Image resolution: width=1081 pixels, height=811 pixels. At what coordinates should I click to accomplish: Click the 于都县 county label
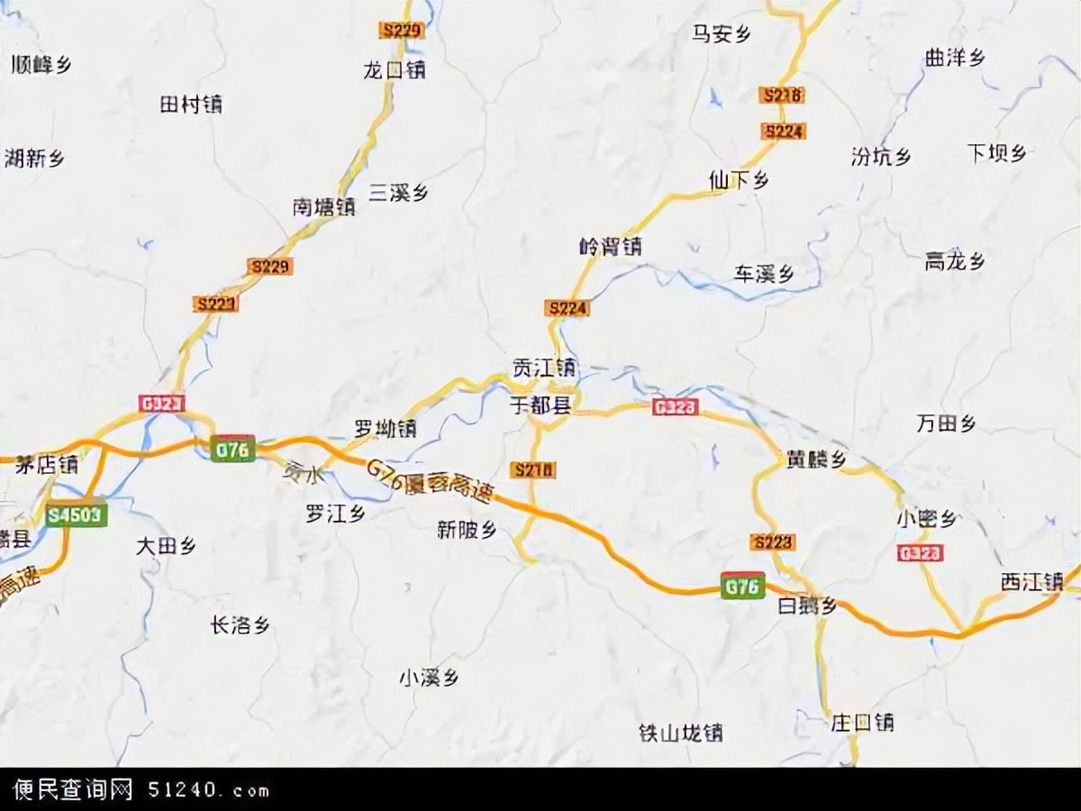point(540,406)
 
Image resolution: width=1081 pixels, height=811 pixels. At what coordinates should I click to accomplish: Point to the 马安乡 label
point(721,34)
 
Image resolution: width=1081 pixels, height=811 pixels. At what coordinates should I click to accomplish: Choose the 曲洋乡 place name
point(954,58)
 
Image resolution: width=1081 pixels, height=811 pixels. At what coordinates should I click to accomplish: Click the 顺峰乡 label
point(41,64)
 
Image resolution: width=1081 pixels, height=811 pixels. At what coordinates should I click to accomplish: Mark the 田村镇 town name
point(190,105)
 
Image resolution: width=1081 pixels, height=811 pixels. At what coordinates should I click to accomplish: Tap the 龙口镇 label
point(394,69)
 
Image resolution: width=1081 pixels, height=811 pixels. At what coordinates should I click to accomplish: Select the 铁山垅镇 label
point(680,732)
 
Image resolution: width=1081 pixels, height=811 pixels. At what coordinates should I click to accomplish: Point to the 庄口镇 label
point(862,722)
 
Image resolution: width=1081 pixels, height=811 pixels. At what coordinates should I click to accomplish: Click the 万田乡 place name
point(946,424)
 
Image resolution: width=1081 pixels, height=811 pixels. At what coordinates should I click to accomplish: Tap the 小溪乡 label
point(429,678)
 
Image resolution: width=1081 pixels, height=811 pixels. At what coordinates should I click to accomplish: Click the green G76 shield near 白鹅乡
point(742,585)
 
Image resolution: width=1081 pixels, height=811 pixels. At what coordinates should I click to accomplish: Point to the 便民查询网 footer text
point(72,790)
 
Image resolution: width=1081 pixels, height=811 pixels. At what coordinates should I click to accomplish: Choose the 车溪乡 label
point(763,274)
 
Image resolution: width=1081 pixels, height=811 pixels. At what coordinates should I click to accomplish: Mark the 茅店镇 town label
point(46,465)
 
